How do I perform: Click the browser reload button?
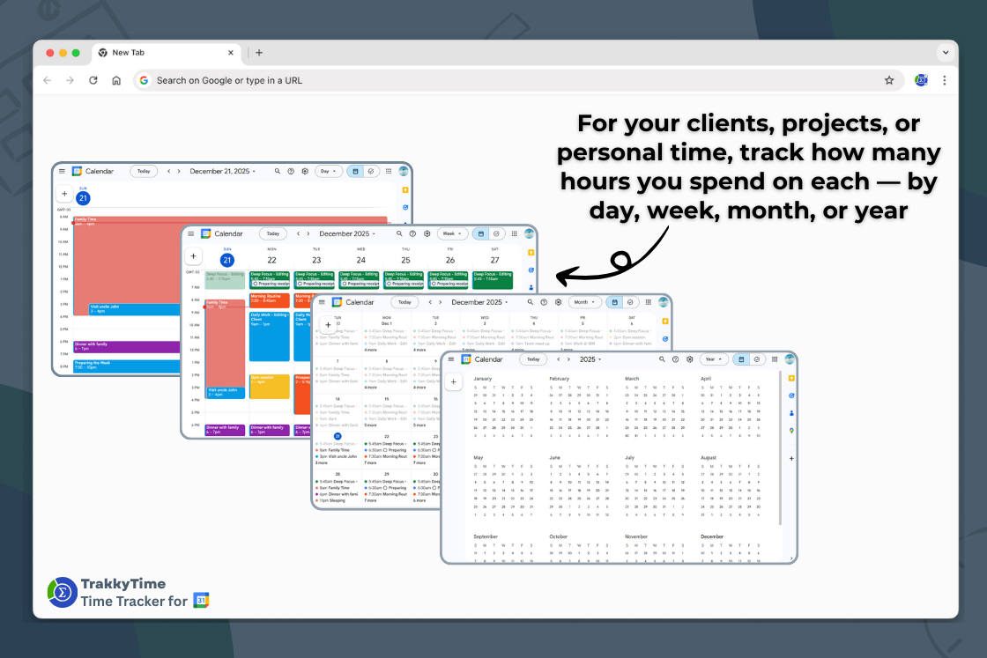point(93,80)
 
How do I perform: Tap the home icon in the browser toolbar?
point(116,80)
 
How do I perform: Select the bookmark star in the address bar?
point(888,80)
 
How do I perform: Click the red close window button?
point(49,53)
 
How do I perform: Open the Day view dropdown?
point(328,171)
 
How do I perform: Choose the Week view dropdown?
point(452,233)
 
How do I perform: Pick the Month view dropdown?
point(583,302)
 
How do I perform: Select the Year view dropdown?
point(713,359)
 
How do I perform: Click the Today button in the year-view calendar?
point(533,359)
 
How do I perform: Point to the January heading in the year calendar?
point(484,379)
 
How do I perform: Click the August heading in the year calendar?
point(709,458)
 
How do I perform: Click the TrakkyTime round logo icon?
point(62,592)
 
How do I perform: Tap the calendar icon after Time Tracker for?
point(201,601)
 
